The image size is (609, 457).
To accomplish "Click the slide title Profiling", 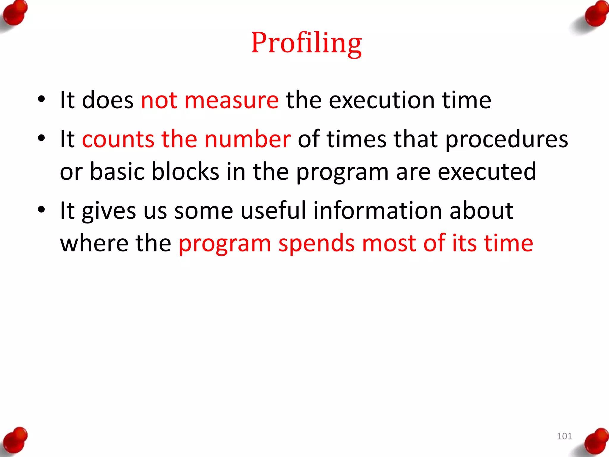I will pos(306,43).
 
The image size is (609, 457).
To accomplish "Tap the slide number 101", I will pos(564,436).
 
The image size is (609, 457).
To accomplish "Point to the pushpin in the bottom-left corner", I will pos(15,440).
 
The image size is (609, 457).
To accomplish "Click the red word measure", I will pos(231,100).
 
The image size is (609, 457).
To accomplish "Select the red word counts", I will pos(118,139).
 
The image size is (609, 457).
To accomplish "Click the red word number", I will pos(247,139).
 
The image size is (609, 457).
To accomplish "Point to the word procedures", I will pos(506,139).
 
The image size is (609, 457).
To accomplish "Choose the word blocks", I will pos(185,172).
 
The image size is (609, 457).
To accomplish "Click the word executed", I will pos(487,172).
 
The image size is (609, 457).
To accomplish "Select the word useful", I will pos(273,211).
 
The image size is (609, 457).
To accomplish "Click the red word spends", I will pos(316,243).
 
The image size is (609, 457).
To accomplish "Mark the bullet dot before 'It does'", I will pos(41,99).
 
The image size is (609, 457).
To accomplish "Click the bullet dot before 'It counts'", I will pos(41,138).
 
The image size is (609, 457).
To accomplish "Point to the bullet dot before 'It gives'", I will pos(41,209).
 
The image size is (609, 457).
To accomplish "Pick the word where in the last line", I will pos(94,243).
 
